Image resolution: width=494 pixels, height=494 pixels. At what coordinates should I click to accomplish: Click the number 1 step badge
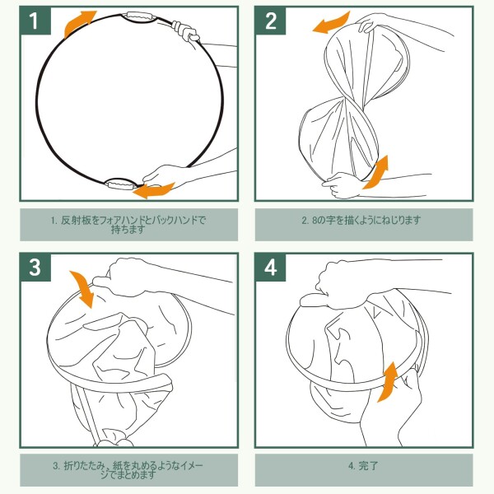coord(35,21)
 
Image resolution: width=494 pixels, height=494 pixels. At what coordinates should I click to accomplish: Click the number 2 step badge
coord(270,21)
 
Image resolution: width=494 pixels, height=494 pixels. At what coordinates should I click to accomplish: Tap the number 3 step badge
coord(35,268)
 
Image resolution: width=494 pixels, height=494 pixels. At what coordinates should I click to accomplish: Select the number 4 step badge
coord(270,268)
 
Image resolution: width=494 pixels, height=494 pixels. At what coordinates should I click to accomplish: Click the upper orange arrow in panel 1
coord(77,23)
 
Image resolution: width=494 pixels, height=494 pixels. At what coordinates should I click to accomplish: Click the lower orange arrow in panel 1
coord(153,191)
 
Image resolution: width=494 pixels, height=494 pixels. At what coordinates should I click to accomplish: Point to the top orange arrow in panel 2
coord(333,22)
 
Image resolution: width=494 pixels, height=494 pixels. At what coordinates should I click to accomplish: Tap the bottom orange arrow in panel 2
coord(376,173)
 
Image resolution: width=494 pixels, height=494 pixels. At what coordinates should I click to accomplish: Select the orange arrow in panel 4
coord(387,382)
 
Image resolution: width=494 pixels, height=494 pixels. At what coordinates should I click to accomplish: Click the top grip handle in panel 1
coord(139,16)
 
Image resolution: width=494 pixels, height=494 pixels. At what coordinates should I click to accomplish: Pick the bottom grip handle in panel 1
coord(121,184)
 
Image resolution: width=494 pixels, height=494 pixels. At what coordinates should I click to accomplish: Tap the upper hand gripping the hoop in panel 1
coord(187,31)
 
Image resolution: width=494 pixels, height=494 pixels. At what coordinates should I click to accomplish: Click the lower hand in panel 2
coord(342,185)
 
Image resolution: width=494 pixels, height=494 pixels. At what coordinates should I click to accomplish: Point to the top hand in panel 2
coord(372,23)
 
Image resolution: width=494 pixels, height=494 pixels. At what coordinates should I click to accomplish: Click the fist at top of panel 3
coord(126,278)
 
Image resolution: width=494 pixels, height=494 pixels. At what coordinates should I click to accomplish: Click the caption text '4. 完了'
coord(363,466)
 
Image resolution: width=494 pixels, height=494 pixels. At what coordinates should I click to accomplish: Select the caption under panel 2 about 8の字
coord(361,220)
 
